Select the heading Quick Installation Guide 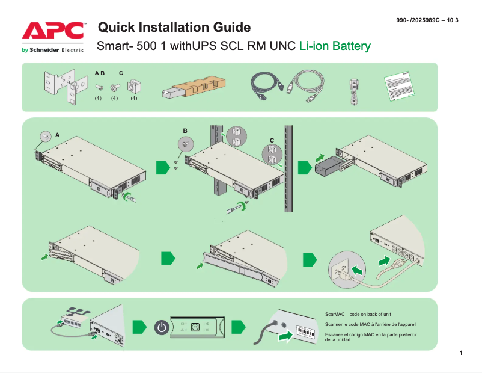pyautogui.click(x=174, y=27)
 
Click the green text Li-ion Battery pyautogui.click(x=335, y=46)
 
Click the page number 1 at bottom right pyautogui.click(x=460, y=352)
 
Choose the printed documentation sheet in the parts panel pyautogui.click(x=401, y=88)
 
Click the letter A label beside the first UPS pyautogui.click(x=58, y=136)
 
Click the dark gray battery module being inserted pyautogui.click(x=329, y=166)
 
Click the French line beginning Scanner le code pyautogui.click(x=370, y=324)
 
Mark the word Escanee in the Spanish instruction pyautogui.click(x=334, y=334)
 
